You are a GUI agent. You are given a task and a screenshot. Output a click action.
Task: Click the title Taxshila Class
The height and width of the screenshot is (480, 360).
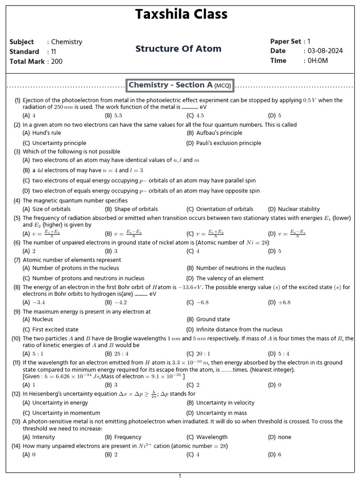181,15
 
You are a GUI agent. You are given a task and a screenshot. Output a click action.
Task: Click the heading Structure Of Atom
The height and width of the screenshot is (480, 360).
178,49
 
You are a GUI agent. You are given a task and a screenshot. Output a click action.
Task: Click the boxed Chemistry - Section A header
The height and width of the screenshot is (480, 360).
180,85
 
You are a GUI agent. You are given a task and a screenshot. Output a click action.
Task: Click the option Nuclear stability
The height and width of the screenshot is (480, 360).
299,209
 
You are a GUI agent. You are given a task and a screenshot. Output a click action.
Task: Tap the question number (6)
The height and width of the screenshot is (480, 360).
17,242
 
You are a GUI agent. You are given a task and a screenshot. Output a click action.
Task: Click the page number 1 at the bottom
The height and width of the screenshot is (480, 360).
180,476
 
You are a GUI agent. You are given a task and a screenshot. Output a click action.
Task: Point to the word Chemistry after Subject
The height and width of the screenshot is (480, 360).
67,42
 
